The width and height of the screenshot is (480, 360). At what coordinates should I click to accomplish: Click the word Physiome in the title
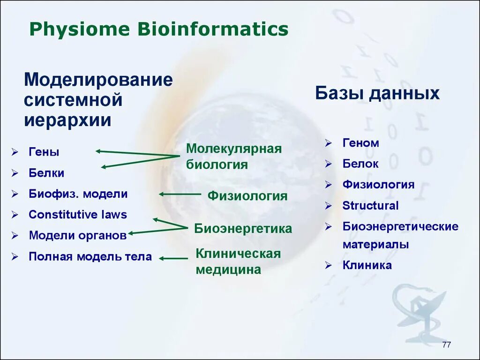(79, 30)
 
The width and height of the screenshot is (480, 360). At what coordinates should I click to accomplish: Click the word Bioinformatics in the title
(213, 29)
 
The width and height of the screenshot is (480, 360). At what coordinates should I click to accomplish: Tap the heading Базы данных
(377, 93)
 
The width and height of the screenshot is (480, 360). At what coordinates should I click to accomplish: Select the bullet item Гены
(44, 152)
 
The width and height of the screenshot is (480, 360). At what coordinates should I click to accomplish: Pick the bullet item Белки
(46, 173)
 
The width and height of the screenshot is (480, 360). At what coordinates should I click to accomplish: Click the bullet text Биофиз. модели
(78, 194)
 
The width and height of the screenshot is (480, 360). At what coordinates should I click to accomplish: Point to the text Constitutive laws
(78, 215)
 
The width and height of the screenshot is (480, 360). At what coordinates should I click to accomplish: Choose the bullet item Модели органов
(78, 235)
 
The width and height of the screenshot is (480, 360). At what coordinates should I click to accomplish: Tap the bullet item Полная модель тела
(90, 256)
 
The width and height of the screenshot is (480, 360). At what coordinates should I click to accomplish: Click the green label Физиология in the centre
(247, 195)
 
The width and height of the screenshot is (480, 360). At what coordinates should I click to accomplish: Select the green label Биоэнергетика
(243, 229)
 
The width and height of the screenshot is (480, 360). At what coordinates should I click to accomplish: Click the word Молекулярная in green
(234, 149)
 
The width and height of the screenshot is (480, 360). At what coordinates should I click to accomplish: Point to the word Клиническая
(238, 254)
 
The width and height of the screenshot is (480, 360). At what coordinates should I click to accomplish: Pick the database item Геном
(360, 143)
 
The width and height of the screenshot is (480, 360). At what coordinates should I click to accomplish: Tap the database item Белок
(360, 164)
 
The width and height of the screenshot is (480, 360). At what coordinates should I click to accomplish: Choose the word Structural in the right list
(370, 205)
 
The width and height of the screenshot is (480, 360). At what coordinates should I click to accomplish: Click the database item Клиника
(367, 265)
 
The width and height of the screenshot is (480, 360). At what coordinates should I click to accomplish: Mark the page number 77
(446, 345)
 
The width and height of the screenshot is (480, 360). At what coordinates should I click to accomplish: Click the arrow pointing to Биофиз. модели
(180, 194)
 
